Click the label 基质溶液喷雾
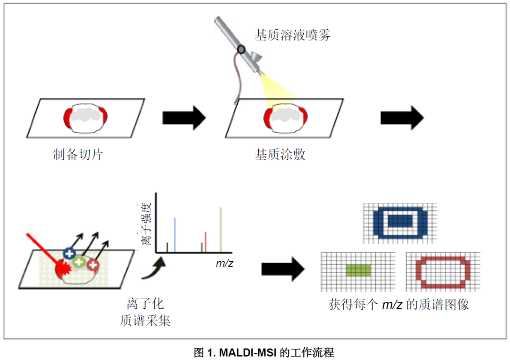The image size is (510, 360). point(292,35)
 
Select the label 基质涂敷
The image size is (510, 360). point(280,154)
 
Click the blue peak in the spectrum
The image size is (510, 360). point(175,235)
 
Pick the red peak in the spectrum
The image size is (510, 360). point(205,241)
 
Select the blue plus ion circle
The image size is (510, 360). point(69,253)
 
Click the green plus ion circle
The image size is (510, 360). point(79,262)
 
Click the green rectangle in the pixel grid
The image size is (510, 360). point(359,270)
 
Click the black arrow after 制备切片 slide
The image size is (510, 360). point(184,117)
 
